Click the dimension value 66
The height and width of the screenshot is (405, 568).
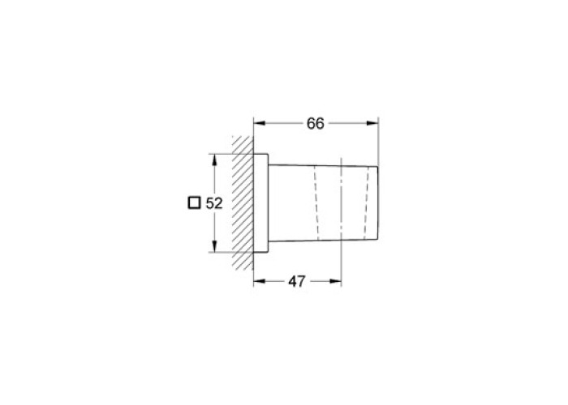(x=315, y=124)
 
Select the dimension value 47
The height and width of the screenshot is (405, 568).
(x=297, y=281)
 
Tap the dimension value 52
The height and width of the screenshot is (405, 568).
(x=214, y=203)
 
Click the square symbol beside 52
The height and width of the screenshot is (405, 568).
(x=194, y=202)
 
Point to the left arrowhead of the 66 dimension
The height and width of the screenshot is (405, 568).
(x=259, y=123)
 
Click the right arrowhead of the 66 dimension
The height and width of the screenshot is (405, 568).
(x=372, y=123)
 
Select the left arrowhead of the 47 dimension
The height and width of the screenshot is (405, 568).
(x=259, y=281)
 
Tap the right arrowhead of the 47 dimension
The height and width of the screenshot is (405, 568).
(x=335, y=281)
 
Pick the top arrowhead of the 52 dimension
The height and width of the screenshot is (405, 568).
(x=214, y=160)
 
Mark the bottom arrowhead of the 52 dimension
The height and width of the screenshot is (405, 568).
(x=214, y=246)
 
